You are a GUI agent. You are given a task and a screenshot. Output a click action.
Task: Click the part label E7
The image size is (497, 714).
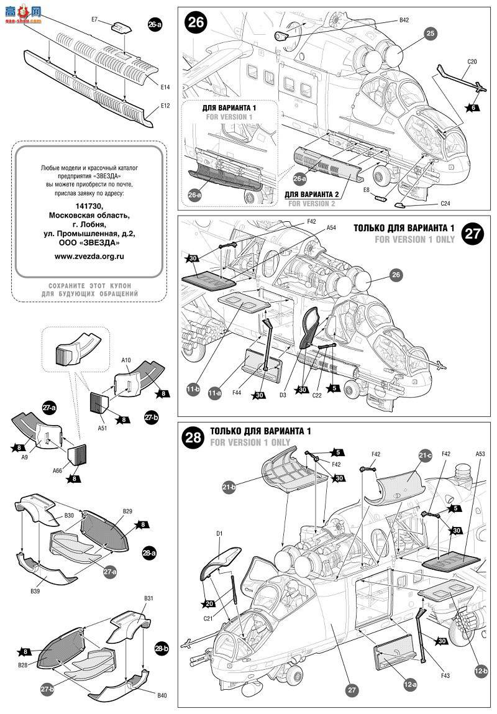pos(95,20)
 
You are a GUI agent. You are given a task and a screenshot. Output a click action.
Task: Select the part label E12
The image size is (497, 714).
pos(165,106)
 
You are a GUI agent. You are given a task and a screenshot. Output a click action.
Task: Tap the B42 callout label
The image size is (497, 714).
pos(404,20)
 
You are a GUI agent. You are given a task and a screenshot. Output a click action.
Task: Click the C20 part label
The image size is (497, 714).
pos(472,62)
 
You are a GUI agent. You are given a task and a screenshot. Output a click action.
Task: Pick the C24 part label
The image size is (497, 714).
pos(445,203)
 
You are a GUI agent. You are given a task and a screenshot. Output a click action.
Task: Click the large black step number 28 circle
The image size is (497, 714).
pos(194,437)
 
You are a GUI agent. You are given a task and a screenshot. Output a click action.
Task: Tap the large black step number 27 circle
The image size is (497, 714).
pos(473,234)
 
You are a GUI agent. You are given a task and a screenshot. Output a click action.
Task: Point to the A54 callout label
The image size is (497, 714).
pos(332,228)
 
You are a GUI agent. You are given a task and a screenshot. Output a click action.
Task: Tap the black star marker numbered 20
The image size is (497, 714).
pos(209,603)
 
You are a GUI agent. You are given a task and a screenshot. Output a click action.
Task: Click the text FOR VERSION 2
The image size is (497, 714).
pos(311,203)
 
